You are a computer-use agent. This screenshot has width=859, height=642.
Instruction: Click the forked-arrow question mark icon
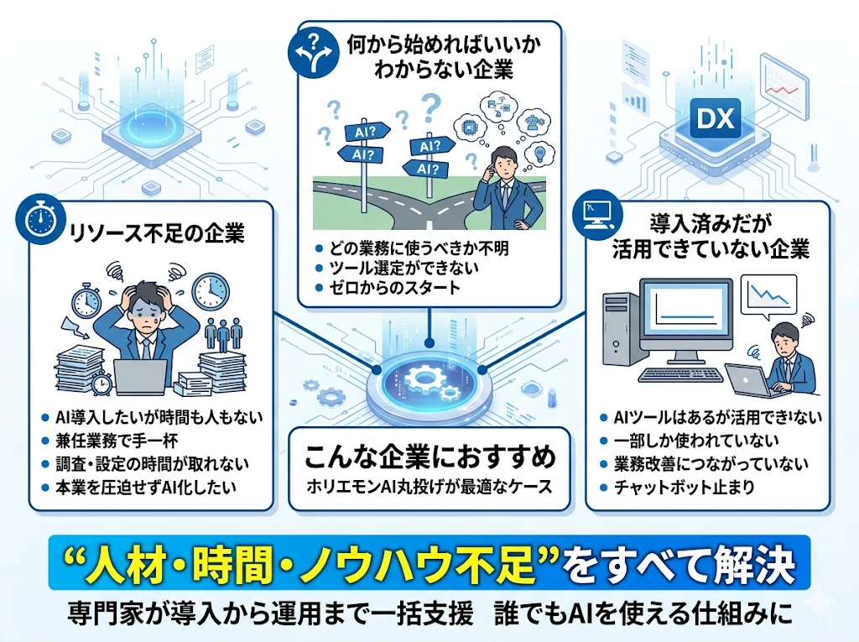(x=314, y=53)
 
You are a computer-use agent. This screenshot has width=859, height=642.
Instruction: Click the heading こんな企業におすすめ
(x=430, y=457)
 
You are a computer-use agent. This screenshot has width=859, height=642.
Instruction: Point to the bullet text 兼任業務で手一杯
(x=116, y=441)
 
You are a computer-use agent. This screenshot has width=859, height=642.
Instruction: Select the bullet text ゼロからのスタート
(x=395, y=287)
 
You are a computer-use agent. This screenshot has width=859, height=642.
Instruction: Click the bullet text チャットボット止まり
(x=685, y=487)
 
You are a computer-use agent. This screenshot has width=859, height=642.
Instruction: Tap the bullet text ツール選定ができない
(x=403, y=268)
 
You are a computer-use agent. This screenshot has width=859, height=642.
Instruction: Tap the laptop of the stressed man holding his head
(x=140, y=376)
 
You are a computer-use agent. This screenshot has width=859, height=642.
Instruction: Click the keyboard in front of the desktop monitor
(x=681, y=375)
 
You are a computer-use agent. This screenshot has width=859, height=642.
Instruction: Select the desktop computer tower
(x=622, y=329)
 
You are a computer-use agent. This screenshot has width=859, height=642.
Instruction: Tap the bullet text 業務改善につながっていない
(x=711, y=464)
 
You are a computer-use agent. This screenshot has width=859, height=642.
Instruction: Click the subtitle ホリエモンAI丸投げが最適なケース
(x=429, y=486)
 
